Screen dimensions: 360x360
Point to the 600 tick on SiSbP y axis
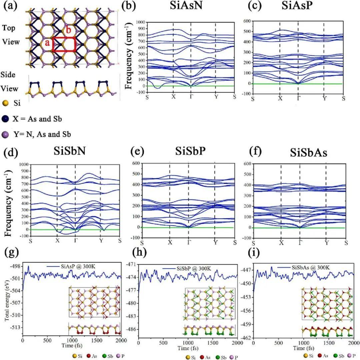[x=135, y=163]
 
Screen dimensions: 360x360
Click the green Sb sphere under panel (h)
[x=205, y=357]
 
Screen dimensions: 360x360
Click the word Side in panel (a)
[x=9, y=75]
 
